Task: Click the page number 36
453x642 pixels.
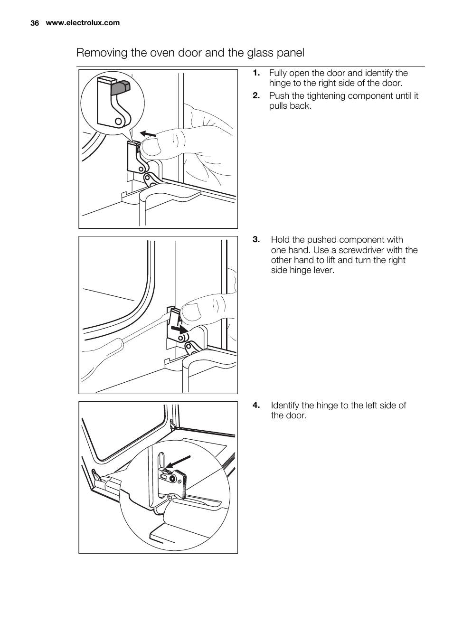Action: pos(34,23)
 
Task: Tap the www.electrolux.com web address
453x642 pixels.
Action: pos(83,23)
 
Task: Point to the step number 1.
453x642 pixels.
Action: pos(256,73)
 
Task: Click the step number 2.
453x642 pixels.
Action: pos(256,96)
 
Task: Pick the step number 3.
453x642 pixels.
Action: pos(256,240)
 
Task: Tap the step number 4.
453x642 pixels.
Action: pos(256,406)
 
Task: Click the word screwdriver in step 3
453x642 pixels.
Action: pos(365,250)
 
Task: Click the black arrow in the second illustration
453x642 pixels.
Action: pos(179,329)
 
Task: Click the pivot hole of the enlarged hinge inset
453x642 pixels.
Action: pos(117,121)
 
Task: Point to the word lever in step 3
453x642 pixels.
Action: pos(324,270)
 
